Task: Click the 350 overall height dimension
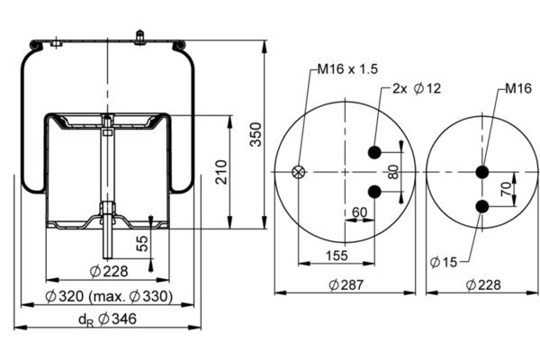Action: [256, 133]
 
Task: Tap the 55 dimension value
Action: [141, 243]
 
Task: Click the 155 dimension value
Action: [337, 256]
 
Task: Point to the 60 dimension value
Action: [359, 213]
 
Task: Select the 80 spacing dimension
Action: [393, 171]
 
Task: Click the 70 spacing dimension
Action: [505, 190]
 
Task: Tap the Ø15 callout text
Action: [445, 261]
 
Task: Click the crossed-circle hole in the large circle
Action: [301, 172]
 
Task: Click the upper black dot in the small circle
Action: [483, 172]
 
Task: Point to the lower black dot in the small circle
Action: [483, 207]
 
